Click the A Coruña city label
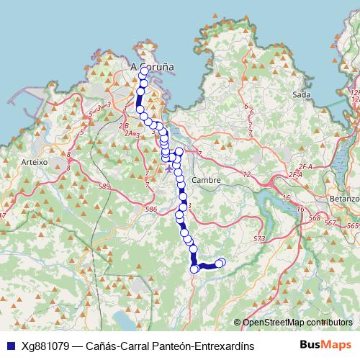click(152, 66)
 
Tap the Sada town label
click(301, 94)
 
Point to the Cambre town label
click(206, 180)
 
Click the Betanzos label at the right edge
click(346, 198)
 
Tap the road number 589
click(106, 186)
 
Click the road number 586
click(150, 210)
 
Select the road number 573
click(259, 238)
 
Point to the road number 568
click(314, 219)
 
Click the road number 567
click(330, 224)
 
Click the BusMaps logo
click(325, 345)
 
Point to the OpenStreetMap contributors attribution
click(297, 323)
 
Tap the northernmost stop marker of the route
click(144, 71)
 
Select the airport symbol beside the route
click(169, 169)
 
